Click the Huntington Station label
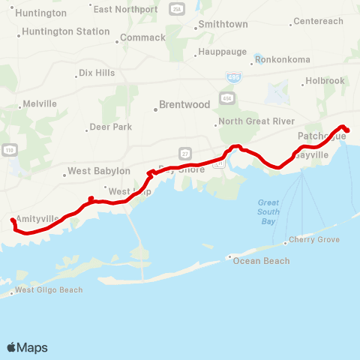pos(65,32)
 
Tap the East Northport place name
pos(125,9)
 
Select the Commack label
pos(142,37)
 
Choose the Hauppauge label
pos(221,52)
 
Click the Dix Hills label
pos(96,73)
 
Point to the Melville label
pos(40,103)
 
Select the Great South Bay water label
pos(268,212)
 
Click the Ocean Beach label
pos(260,260)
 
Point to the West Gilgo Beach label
pos(49,289)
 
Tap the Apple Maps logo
pos(27,347)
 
